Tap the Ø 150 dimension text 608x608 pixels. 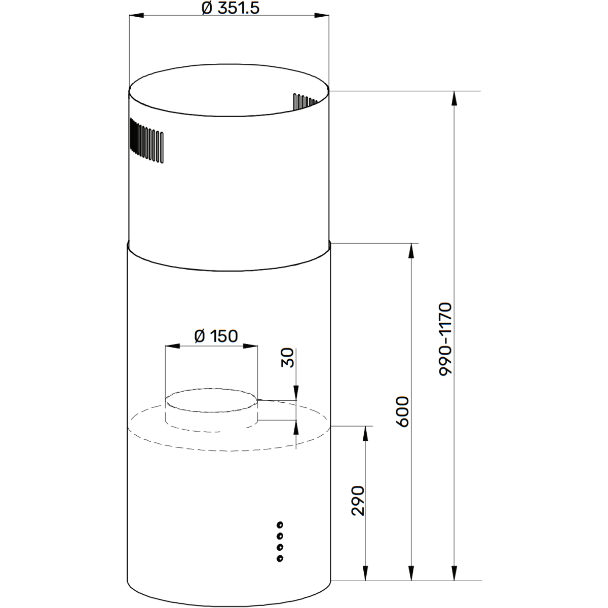216,335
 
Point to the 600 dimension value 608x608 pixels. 402,411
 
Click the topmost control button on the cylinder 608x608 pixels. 280,524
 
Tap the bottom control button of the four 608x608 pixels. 280,558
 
